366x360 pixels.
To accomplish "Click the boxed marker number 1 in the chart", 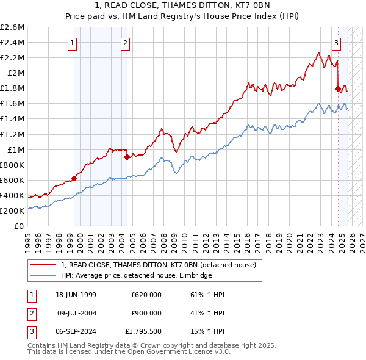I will coord(73,43).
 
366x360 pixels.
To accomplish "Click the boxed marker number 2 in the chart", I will coord(125,43).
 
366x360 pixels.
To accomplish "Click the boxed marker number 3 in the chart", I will coord(336,43).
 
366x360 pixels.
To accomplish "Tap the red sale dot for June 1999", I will coord(74,178).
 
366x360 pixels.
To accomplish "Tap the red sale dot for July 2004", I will coord(127,157).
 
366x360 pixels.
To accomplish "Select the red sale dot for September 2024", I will coord(338,88).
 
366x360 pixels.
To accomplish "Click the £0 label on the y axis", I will coord(20,226).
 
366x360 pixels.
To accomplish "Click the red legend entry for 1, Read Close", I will coord(161,265).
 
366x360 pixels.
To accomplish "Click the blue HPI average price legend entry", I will coord(136,276).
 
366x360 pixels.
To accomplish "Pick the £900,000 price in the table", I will coord(146,312).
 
